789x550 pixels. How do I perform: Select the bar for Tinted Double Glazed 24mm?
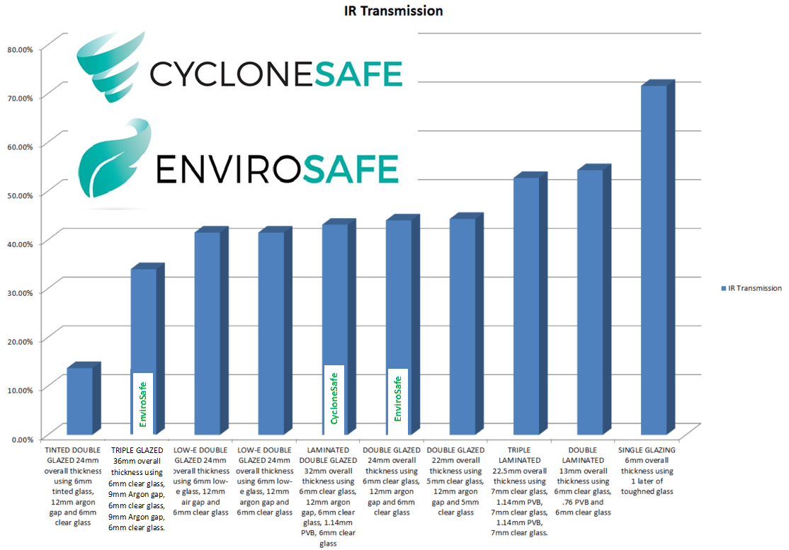coord(80,401)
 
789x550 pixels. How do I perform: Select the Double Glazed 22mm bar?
coord(462,326)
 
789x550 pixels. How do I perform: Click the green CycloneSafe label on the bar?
coord(334,399)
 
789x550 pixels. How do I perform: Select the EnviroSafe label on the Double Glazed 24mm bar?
coord(397,399)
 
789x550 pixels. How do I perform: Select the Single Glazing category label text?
coord(647,470)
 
